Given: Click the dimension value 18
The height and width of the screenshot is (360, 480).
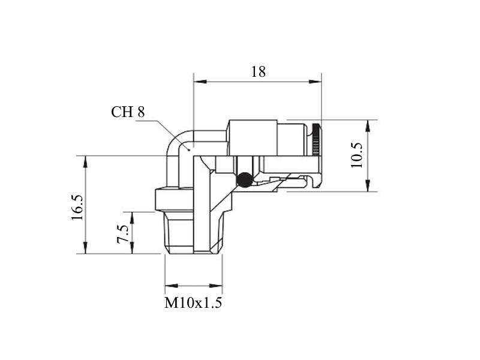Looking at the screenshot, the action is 259,72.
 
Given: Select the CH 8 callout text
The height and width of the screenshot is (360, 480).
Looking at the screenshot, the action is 128,112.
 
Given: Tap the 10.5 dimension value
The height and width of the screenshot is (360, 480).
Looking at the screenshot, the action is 357,155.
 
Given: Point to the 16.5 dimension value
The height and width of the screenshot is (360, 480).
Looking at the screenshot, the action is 77,208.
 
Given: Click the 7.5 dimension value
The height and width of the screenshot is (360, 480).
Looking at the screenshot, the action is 123,234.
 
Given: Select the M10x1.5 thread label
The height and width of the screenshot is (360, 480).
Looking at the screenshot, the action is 193,303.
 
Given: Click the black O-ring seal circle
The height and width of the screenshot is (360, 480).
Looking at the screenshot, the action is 244,179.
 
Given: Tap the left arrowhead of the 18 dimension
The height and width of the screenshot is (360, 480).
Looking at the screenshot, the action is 200,82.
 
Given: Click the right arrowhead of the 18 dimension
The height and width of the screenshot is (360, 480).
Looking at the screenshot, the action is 315,82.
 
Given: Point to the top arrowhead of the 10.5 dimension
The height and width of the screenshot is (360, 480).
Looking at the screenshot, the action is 368,126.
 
